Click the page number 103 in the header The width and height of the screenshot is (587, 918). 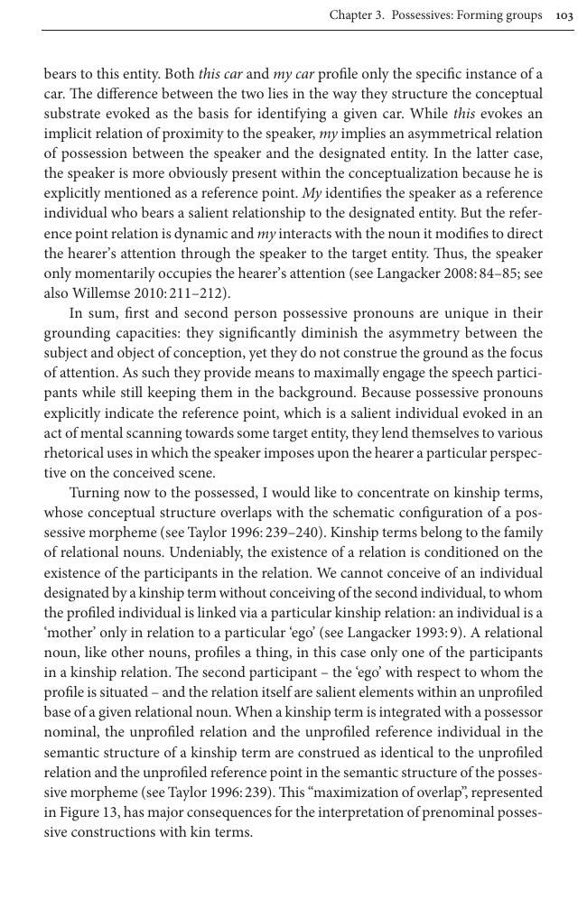click(564, 15)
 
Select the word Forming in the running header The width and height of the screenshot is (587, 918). click(487, 15)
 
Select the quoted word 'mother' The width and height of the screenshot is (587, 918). click(70, 633)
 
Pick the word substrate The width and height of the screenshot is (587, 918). click(71, 114)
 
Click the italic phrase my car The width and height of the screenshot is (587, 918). click(293, 74)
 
